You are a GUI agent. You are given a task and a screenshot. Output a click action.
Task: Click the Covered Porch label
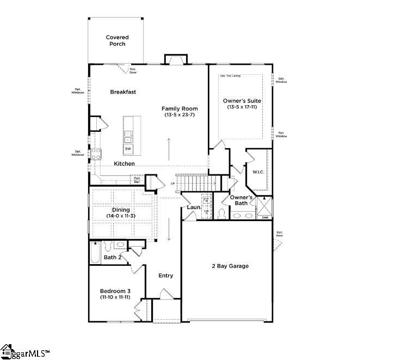tap(117, 41)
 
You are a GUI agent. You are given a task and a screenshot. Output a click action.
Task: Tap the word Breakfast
tap(123, 92)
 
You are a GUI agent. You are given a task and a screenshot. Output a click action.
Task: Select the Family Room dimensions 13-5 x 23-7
tap(178, 115)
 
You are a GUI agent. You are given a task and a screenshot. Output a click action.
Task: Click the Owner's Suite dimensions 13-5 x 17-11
tap(242, 107)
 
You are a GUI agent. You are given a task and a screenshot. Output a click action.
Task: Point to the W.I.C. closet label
tap(257, 172)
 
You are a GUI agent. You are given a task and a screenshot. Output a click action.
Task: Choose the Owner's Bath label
tap(240, 200)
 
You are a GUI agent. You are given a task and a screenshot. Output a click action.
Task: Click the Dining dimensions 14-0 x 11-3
tap(121, 216)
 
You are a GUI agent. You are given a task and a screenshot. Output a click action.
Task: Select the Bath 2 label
tap(112, 257)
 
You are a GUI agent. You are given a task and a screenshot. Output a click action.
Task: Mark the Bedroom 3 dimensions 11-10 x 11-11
tap(114, 297)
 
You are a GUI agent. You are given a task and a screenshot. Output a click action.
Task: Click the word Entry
tap(166, 276)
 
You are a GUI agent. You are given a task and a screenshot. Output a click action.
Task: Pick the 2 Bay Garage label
tap(230, 266)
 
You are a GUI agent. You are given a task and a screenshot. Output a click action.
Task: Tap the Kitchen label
tap(125, 163)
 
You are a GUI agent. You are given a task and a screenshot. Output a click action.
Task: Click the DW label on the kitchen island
tap(128, 149)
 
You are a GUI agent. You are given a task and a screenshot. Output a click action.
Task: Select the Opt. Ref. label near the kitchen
tap(137, 179)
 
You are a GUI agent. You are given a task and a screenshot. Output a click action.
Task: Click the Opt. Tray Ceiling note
tap(230, 76)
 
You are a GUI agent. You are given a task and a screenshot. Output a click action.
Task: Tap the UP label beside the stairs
tap(173, 183)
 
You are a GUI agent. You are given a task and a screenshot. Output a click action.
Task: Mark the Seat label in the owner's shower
tap(265, 217)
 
